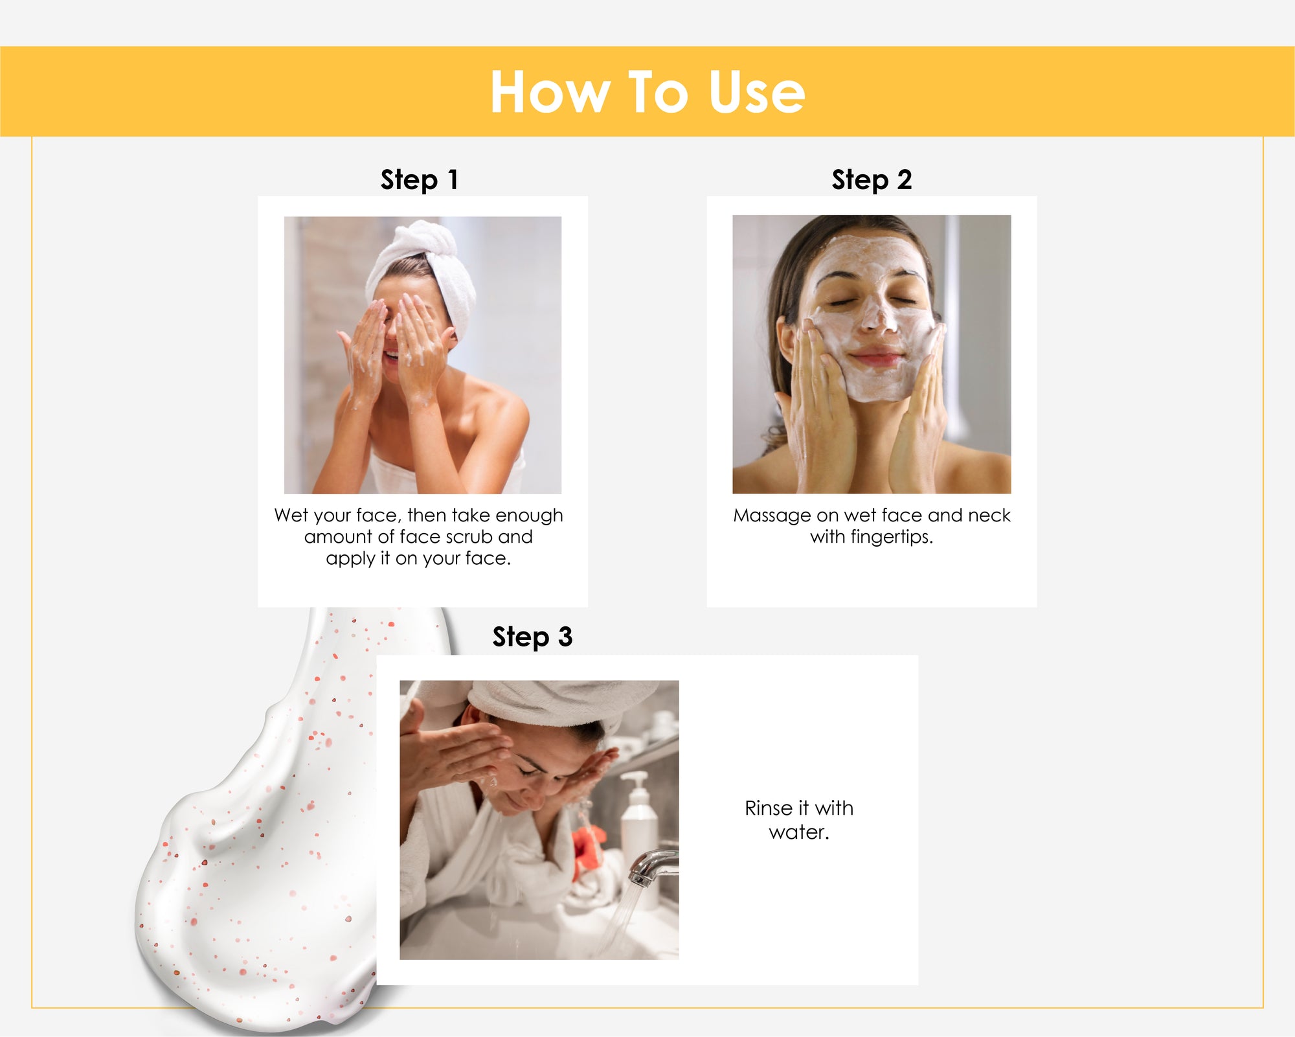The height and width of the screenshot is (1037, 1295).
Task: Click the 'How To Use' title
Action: (x=647, y=92)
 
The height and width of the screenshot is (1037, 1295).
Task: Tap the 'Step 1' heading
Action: (x=420, y=179)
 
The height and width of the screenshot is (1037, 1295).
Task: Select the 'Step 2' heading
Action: (x=872, y=179)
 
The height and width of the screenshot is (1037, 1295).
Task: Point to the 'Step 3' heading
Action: (x=532, y=637)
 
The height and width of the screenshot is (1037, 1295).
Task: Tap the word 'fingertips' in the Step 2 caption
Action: (x=890, y=537)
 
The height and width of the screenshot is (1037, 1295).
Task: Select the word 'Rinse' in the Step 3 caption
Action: (x=769, y=808)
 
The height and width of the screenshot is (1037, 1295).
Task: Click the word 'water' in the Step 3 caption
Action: (x=798, y=832)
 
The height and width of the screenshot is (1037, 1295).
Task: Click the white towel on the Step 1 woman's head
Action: (x=427, y=266)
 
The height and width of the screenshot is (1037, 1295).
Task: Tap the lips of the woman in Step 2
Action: (x=876, y=357)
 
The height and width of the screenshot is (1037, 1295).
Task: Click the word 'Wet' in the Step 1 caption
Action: (x=291, y=515)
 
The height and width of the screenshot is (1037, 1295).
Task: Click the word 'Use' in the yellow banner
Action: (x=757, y=92)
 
